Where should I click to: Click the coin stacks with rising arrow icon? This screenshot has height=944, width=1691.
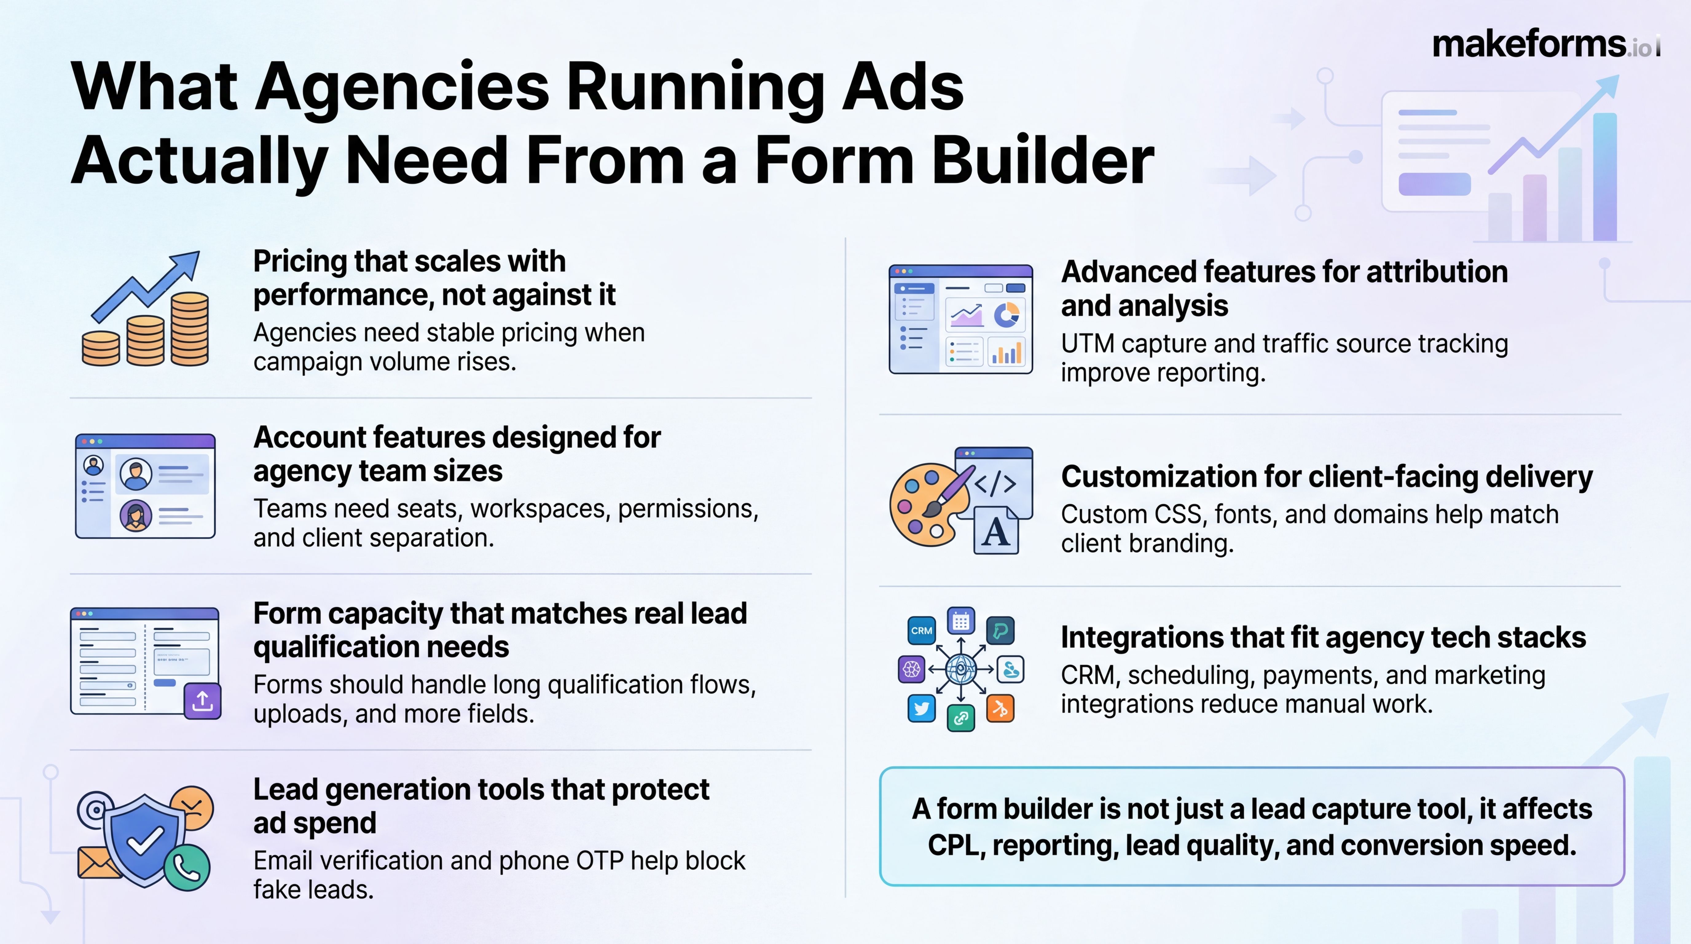[x=146, y=309]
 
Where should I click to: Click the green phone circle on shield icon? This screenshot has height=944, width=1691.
[x=187, y=868]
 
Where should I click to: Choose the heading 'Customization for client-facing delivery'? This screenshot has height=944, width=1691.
[x=1326, y=477]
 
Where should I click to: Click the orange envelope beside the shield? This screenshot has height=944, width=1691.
[x=97, y=862]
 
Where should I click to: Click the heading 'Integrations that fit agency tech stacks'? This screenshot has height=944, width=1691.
[x=1323, y=637]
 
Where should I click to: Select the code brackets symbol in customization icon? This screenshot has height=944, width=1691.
[x=996, y=484]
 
